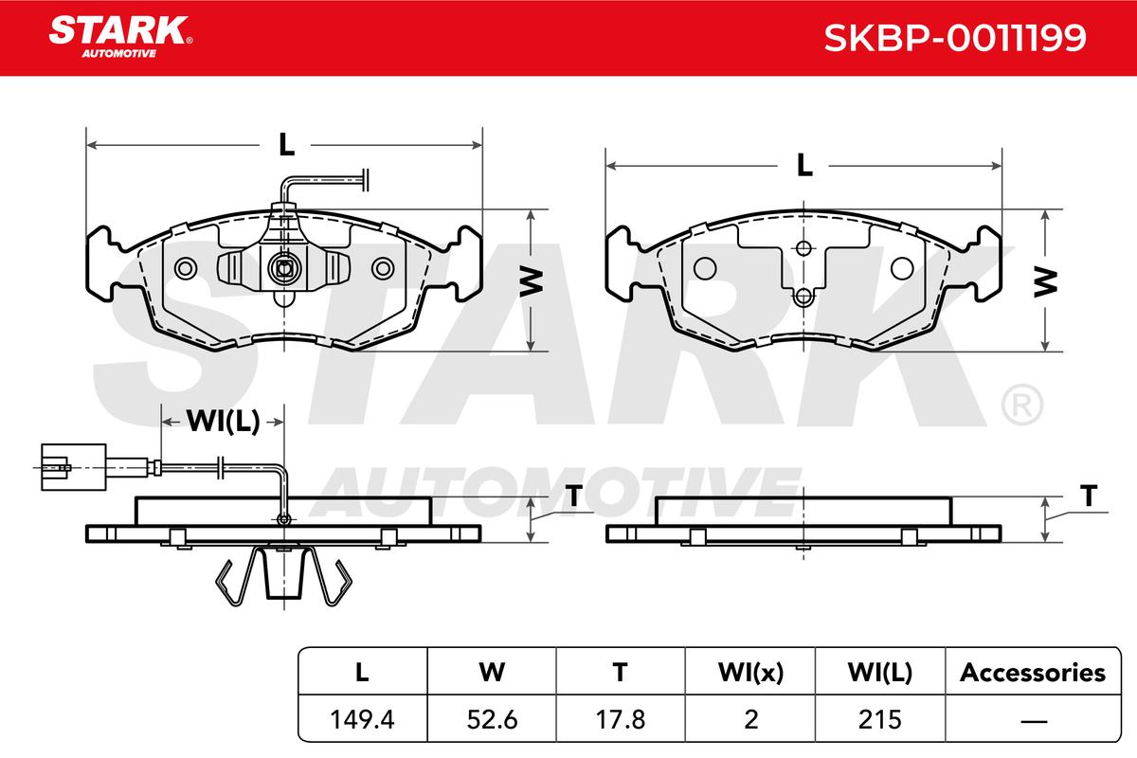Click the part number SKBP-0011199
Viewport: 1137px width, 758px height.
coord(955,38)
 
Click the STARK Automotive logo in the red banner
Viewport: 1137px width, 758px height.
coord(120,37)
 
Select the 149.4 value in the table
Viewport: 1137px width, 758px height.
coord(362,719)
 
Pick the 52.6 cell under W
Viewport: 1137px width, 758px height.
coord(492,719)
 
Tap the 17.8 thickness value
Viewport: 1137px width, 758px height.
coord(621,719)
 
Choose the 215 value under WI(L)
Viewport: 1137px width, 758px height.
coord(879,719)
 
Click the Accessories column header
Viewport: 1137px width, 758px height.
coord(1033,673)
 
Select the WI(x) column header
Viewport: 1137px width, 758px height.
coord(750,673)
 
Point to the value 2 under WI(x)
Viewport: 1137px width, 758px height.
coord(750,719)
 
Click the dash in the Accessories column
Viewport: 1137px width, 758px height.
coord(1034,721)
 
